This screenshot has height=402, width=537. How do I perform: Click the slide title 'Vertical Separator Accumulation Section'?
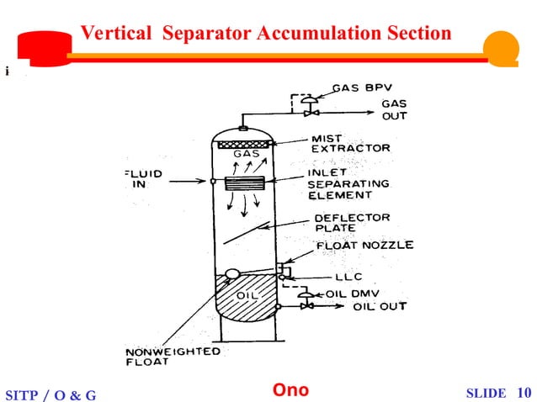pos(266,34)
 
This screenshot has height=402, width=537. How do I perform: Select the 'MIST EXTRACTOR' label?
pos(350,143)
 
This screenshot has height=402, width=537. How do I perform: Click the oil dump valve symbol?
pos(309,296)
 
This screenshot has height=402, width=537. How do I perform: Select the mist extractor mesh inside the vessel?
pos(243,145)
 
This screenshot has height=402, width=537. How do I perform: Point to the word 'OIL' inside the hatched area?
pos(245,295)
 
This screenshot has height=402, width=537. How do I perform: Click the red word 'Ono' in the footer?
pos(290,390)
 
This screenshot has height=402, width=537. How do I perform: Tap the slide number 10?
pos(524,393)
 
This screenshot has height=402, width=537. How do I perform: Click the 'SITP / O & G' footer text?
pos(51,394)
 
